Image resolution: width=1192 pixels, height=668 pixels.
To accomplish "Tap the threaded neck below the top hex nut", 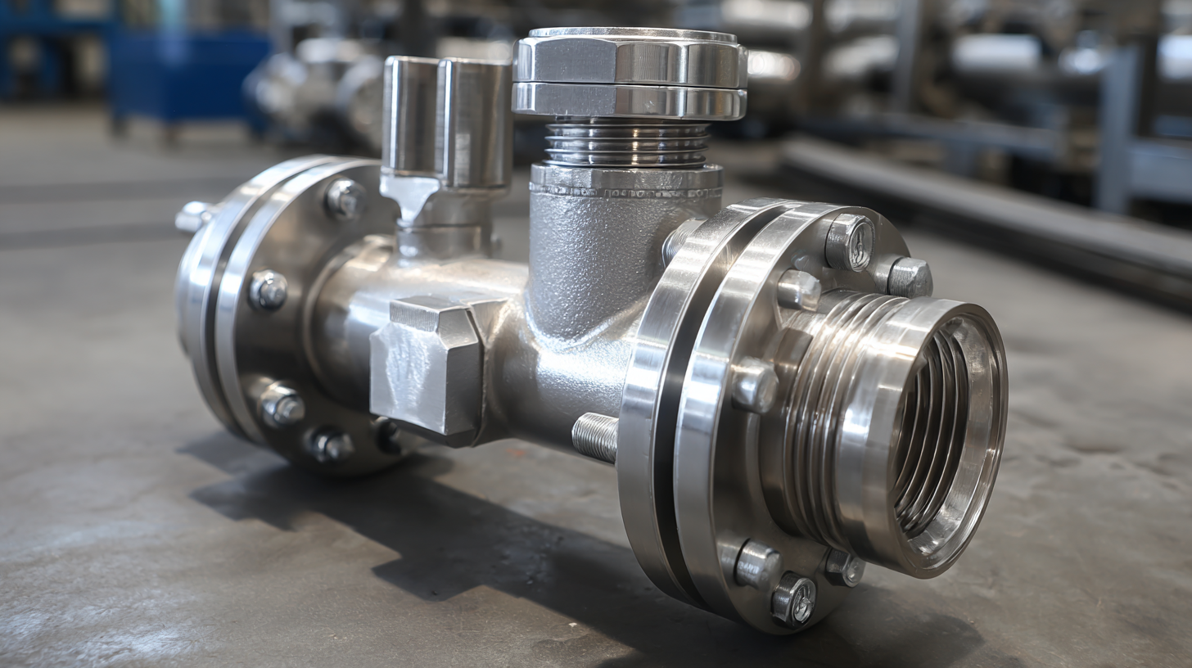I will pos(627,143).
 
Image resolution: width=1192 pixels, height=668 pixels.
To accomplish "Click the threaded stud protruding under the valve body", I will pos(594,436).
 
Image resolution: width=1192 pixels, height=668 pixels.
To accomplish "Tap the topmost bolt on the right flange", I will pos(849,241).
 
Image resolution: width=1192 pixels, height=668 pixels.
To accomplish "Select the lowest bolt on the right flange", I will pos(793,599).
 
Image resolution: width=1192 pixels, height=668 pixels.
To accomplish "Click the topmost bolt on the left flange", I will pos(343,198).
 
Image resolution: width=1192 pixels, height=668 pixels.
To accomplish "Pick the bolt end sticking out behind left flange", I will pos(193,217).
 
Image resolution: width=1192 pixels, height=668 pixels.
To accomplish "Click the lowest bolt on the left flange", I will pos(328,445).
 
